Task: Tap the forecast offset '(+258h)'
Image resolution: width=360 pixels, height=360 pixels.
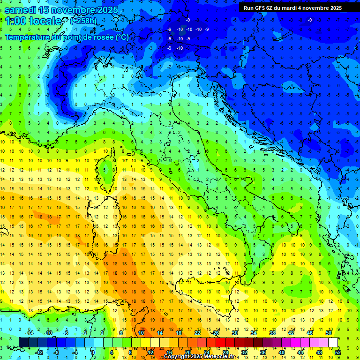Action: (x=84, y=21)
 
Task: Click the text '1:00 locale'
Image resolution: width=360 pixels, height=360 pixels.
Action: (x=33, y=21)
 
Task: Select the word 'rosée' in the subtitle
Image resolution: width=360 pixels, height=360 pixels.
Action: (x=102, y=37)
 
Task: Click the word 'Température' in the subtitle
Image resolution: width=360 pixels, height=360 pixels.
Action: (x=29, y=37)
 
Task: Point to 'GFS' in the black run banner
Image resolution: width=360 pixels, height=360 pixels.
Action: (x=262, y=8)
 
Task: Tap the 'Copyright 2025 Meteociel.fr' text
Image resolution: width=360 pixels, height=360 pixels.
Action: (x=199, y=357)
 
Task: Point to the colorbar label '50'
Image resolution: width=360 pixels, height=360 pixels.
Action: (x=328, y=333)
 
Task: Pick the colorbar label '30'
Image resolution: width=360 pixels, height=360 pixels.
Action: (x=235, y=333)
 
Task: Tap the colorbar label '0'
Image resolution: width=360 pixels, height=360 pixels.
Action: (x=93, y=352)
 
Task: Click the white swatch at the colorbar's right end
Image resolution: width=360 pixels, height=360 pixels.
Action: (x=333, y=343)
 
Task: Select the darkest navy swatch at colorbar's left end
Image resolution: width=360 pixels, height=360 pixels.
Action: (x=24, y=343)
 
